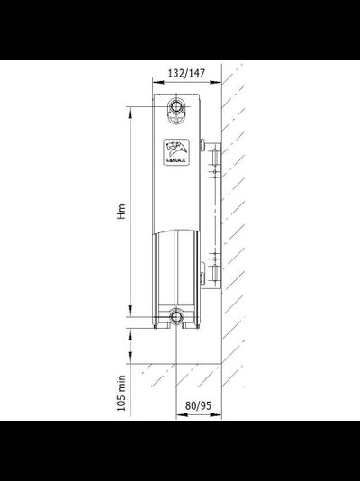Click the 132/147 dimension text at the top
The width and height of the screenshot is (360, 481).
click(184, 74)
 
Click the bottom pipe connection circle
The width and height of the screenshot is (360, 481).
click(177, 316)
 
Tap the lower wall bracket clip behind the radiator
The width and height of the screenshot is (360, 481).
click(206, 268)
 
